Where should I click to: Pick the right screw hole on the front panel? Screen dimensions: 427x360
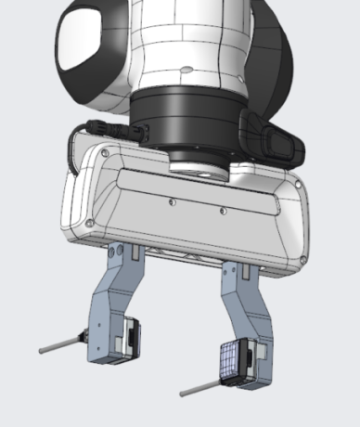click(x=223, y=209)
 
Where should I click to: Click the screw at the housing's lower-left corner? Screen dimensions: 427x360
click(x=88, y=224)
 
